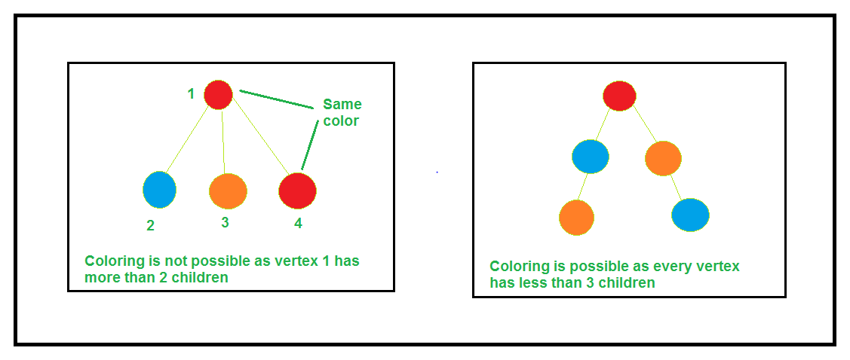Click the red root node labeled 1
pos(218,94)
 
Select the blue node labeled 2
pos(159,189)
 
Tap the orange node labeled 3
pos(228,191)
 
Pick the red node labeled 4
pos(297,190)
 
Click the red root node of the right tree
pos(619,96)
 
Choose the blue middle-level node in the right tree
pos(591,157)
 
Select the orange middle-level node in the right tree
pos(664,158)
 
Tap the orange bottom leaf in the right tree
pos(576,217)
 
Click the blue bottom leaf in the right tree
pos(690,215)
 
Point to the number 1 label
pos(192,94)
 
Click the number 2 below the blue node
pos(151,224)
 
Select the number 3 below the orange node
pos(225,222)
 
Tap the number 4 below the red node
pos(299,224)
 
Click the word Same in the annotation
pos(342,104)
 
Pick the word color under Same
pos(342,121)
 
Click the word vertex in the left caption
pos(287,261)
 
